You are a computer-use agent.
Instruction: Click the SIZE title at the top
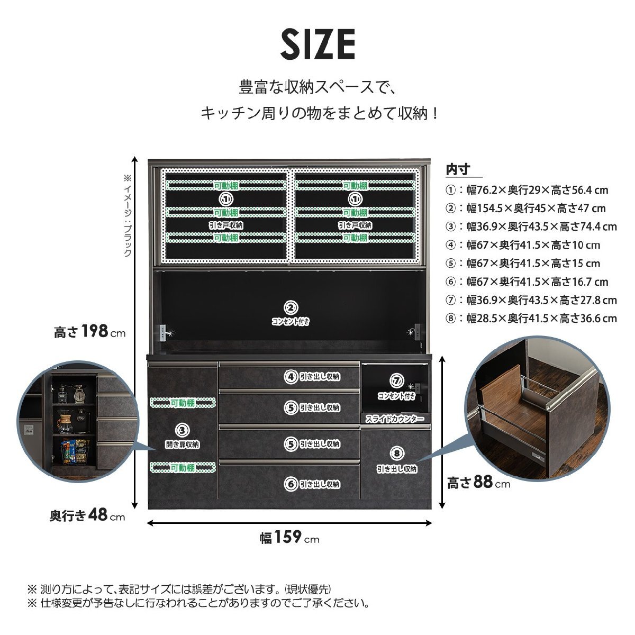317,45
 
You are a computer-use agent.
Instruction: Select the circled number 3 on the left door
182,431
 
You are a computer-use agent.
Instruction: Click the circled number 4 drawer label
291,377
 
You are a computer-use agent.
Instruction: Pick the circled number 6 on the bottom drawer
291,483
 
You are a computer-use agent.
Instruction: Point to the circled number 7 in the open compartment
396,380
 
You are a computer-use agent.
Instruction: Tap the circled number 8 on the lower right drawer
397,453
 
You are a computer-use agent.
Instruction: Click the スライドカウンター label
395,419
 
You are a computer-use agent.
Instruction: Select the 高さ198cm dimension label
90,332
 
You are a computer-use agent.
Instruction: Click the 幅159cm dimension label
289,538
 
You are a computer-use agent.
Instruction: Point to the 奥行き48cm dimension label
87,515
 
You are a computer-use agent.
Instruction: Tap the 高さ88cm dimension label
478,483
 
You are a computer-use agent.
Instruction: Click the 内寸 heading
458,170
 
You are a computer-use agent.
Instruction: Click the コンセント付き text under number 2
291,321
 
